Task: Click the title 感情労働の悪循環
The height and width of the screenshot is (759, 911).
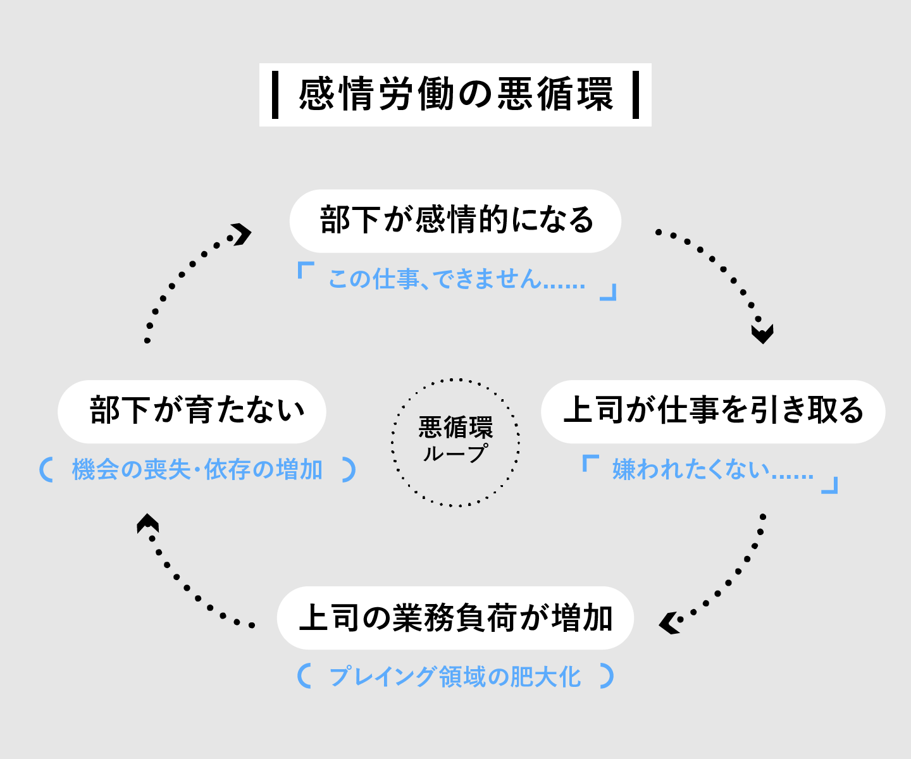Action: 455,95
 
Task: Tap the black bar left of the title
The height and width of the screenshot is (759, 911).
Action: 275,95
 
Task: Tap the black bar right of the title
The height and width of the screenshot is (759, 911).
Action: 636,95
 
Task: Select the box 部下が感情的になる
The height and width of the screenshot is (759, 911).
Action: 455,221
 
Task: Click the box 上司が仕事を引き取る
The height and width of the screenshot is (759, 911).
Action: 713,411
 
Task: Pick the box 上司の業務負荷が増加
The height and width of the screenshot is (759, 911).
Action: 455,618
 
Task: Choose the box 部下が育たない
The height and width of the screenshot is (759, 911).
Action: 192,411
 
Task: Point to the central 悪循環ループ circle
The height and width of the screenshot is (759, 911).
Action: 455,442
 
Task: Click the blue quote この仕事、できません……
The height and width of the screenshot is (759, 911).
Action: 456,279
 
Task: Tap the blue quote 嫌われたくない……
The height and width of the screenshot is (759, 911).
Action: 712,470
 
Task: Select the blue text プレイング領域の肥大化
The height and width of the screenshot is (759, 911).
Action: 455,677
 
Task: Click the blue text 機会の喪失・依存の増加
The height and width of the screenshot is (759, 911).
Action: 197,470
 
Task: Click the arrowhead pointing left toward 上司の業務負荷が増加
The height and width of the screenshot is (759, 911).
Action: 669,622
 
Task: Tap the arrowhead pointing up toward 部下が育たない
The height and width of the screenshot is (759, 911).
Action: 148,522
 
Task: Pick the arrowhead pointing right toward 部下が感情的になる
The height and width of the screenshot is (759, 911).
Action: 240,233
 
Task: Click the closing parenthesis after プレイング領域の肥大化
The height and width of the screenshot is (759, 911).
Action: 607,676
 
